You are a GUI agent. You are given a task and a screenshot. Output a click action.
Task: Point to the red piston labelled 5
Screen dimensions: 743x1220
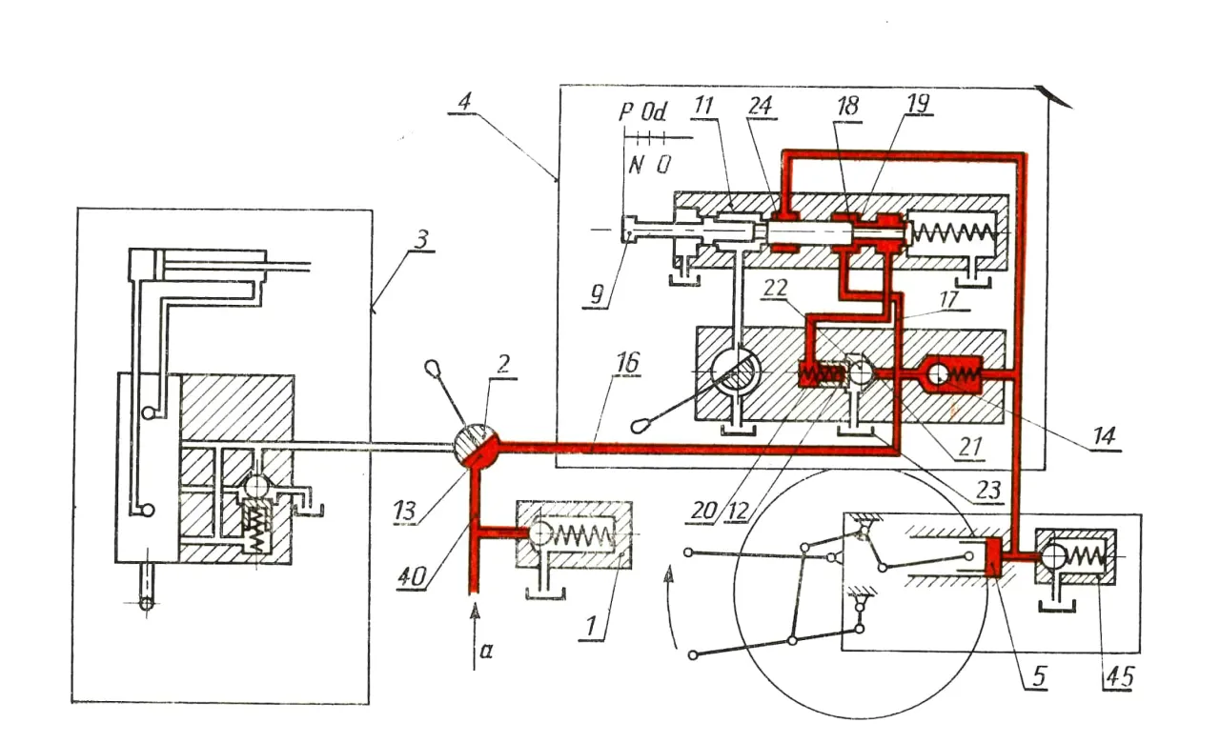[991, 556]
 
